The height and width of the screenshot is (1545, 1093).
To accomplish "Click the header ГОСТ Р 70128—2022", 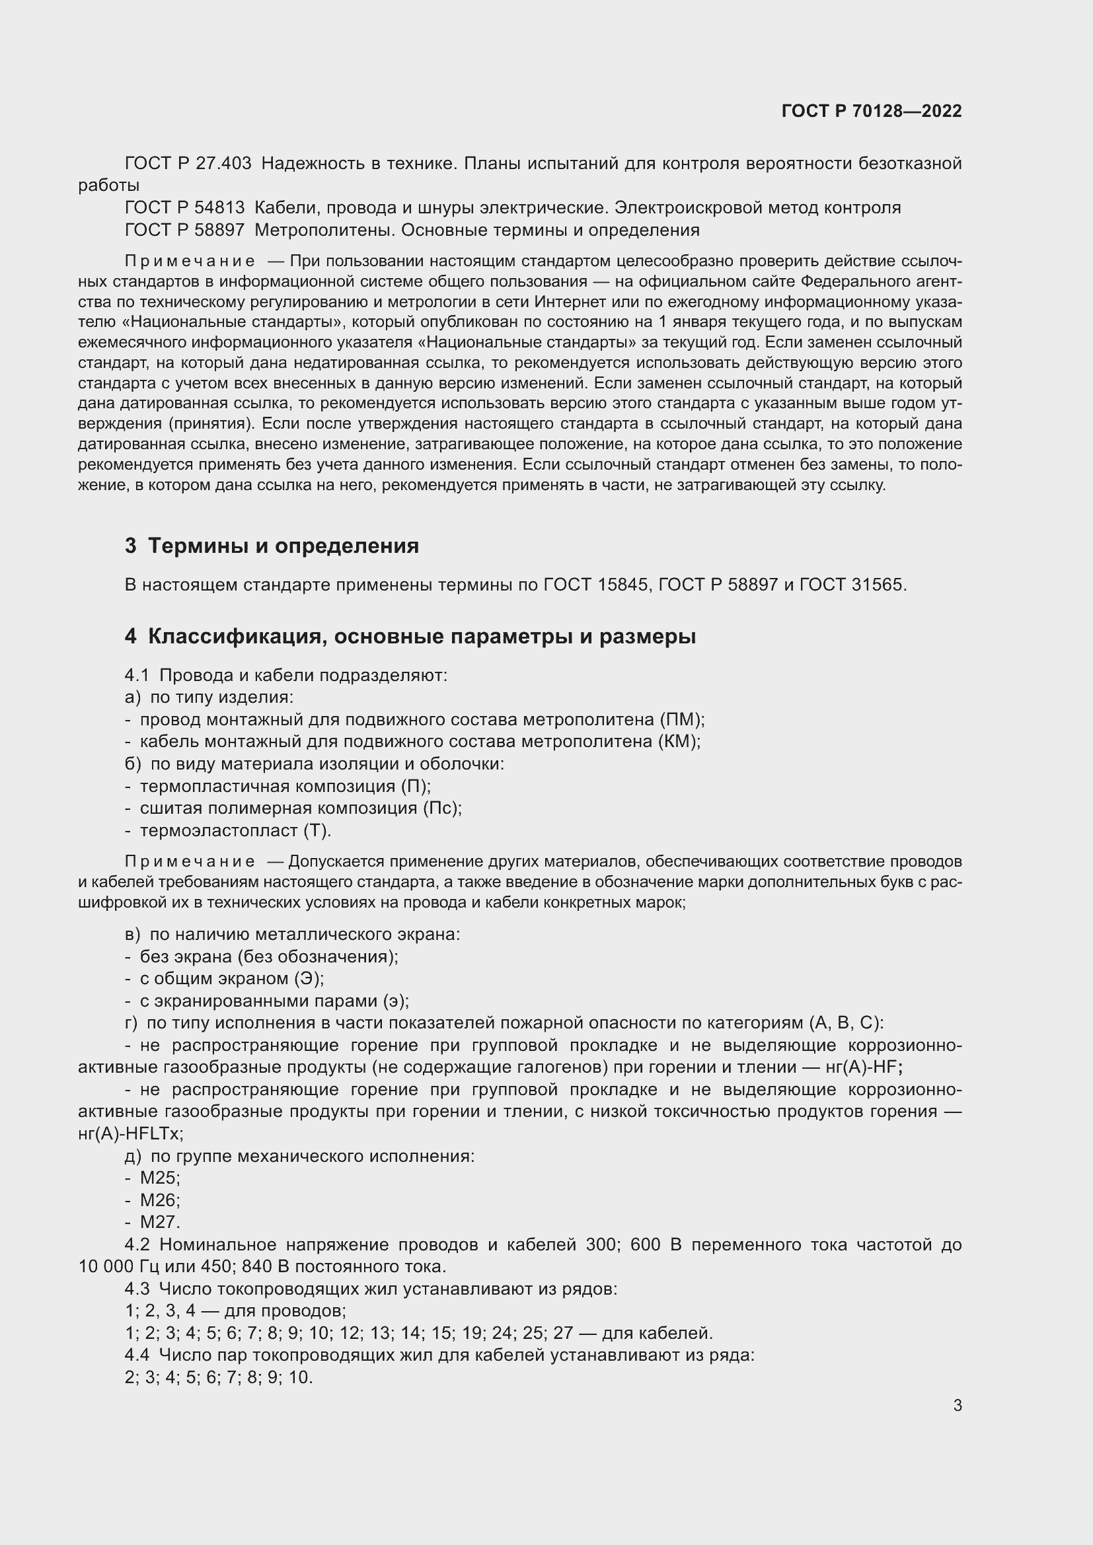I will pos(872,111).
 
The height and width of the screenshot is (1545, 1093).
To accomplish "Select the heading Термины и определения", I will pos(283,546).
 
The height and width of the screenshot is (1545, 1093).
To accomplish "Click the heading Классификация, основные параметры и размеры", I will pos(422,637).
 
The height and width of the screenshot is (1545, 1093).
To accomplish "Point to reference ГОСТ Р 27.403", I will pos(188,164).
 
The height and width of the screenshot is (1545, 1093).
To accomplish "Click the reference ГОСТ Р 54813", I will pos(184,208).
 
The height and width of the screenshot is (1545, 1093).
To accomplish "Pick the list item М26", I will pos(159,1200).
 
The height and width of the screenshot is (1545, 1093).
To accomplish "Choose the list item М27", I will pos(159,1222).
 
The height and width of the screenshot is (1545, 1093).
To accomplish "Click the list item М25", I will pos(159,1178).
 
